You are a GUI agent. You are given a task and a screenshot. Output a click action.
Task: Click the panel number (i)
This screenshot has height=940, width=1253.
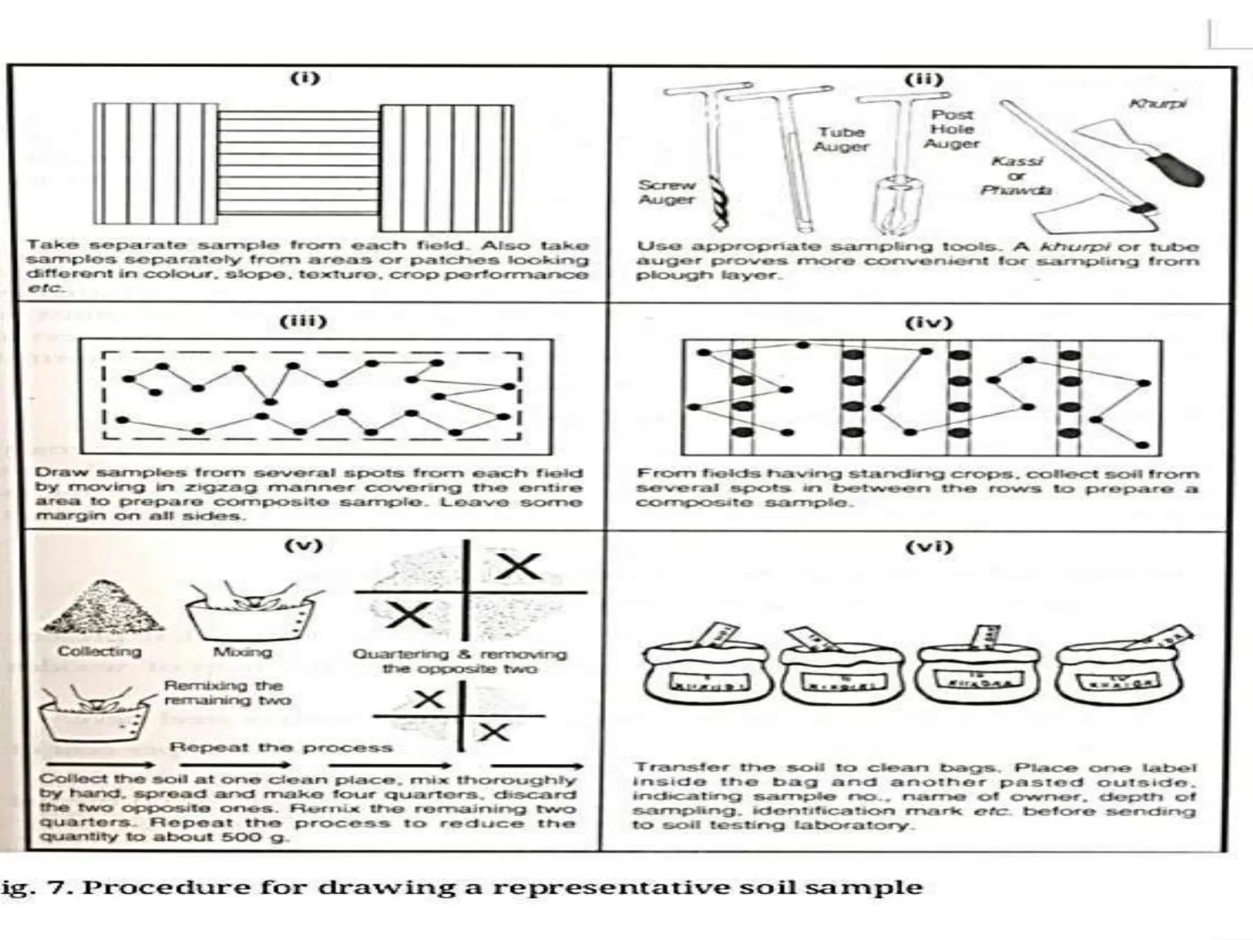[304, 78]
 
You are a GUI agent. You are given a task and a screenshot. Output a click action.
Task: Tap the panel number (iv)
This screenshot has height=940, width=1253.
[929, 323]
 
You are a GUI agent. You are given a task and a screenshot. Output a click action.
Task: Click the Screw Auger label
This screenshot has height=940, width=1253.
[666, 192]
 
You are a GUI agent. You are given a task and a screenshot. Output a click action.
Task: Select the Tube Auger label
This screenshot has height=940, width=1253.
[841, 140]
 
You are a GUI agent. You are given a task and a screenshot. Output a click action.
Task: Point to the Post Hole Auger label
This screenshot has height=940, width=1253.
[952, 129]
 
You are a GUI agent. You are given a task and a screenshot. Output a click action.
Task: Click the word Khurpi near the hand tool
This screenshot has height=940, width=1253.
[1158, 103]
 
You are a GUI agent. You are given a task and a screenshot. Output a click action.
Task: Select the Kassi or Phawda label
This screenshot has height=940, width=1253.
[1016, 176]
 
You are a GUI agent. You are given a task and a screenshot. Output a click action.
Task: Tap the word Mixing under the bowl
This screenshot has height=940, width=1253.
[242, 652]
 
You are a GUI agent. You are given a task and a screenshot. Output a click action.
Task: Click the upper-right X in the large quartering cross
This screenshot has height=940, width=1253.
[518, 566]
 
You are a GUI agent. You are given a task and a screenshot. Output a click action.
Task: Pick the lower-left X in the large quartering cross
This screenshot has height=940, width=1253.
[409, 614]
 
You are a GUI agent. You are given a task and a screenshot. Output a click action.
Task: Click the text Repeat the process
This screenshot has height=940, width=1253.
[281, 747]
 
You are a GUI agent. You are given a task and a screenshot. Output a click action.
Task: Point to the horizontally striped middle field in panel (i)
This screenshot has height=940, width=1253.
[299, 162]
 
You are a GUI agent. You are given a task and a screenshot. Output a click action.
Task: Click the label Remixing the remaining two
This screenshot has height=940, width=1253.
[227, 693]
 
